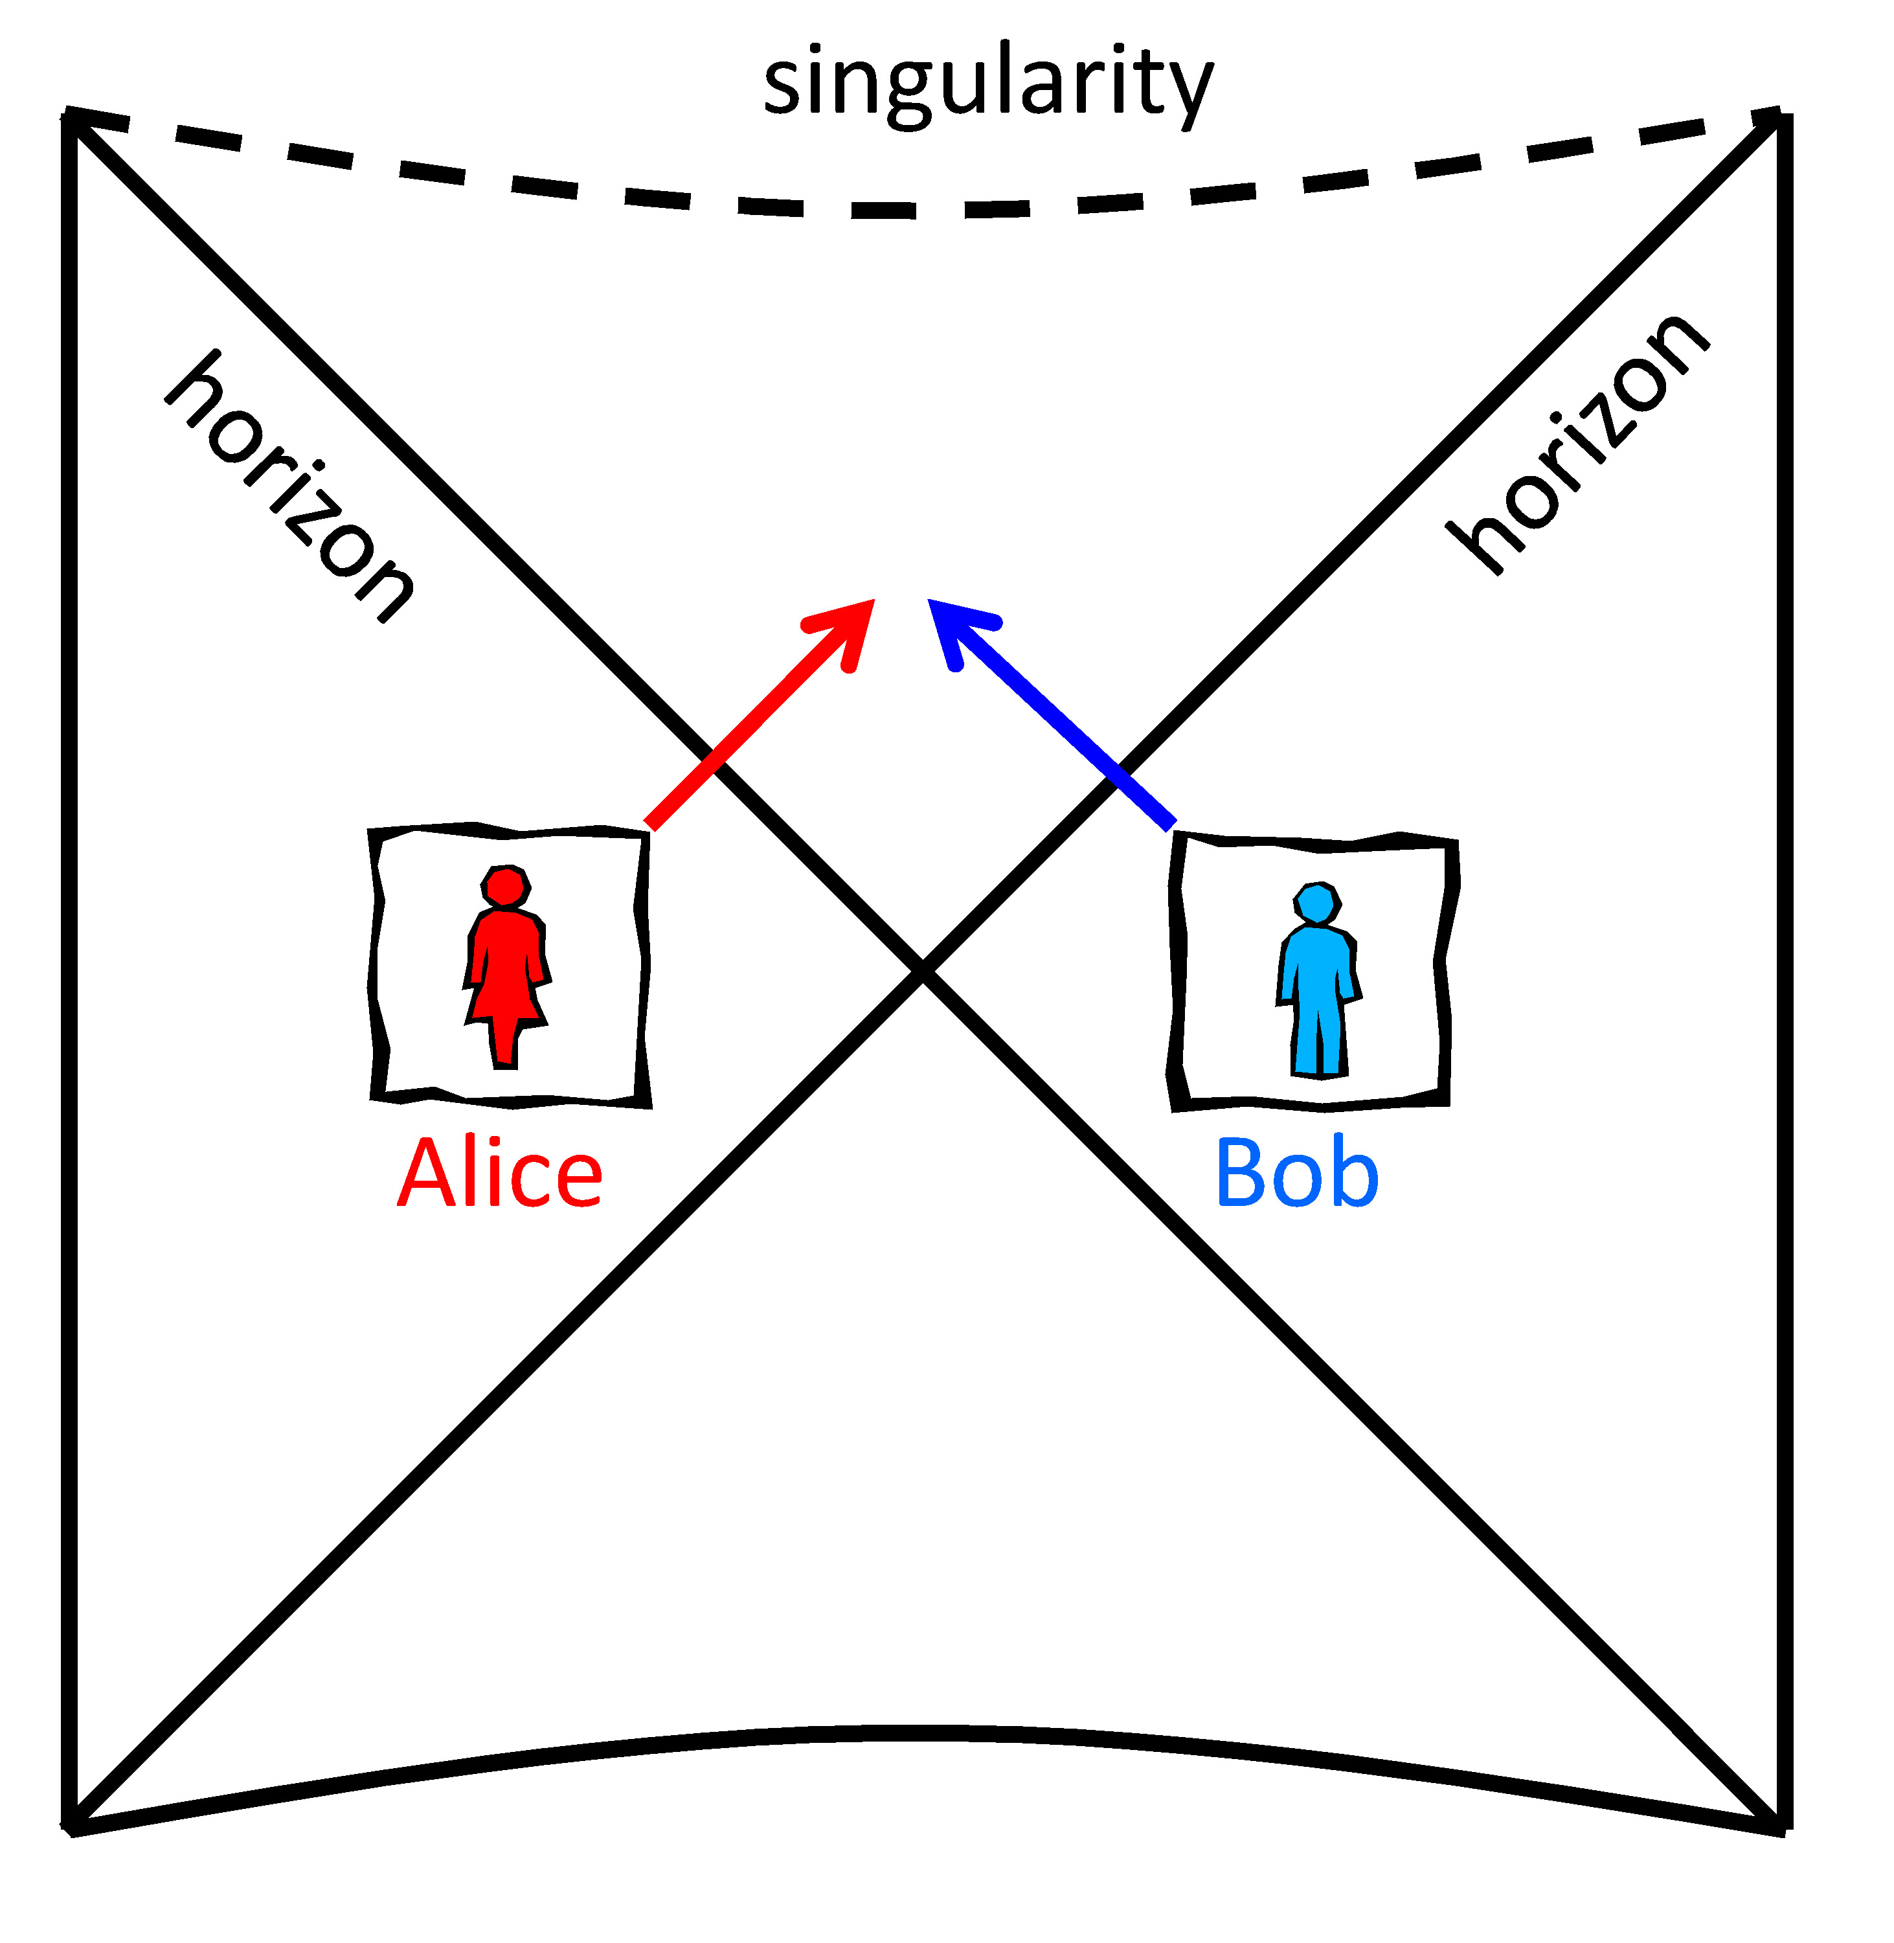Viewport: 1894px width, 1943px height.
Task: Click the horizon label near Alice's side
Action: pos(289,488)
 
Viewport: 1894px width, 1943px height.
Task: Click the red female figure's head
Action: pos(505,885)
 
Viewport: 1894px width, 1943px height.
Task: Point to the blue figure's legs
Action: pos(1319,1040)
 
